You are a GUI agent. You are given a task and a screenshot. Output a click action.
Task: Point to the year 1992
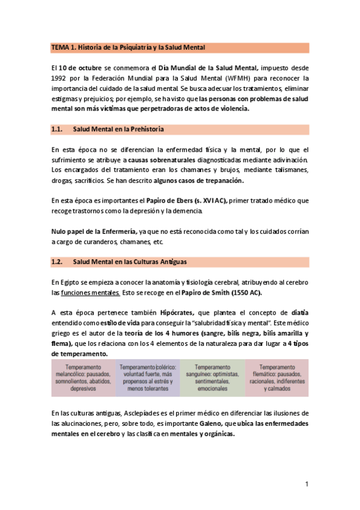point(60,79)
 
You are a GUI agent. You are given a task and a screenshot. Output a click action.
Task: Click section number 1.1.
point(57,129)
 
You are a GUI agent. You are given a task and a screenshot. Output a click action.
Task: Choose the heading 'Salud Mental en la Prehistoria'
point(118,129)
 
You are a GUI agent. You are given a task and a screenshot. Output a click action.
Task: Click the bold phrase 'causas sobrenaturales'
point(157,160)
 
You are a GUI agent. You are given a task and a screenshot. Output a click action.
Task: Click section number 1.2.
point(57,262)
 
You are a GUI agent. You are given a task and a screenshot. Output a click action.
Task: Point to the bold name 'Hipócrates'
point(176,313)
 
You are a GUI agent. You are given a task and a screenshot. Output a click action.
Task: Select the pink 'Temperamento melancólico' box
point(83,378)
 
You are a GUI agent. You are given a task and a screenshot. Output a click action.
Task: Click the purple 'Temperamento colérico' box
point(147,378)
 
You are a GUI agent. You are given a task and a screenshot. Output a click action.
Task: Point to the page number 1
point(307,484)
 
